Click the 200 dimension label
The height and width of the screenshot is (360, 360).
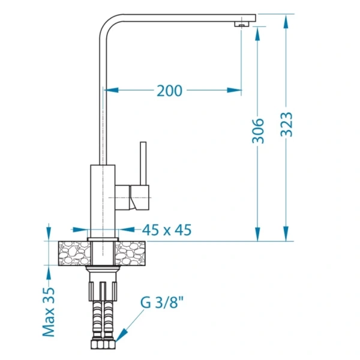point(169,91)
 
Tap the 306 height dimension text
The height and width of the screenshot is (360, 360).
point(258,131)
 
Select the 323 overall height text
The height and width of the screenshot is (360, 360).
point(287,124)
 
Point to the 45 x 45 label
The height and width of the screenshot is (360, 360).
point(167,230)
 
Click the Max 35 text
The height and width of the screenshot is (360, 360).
point(49,312)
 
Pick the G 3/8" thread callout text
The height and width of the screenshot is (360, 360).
point(162,302)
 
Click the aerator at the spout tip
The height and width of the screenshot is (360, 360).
point(242,24)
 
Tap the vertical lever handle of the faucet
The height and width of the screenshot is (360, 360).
point(143,163)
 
